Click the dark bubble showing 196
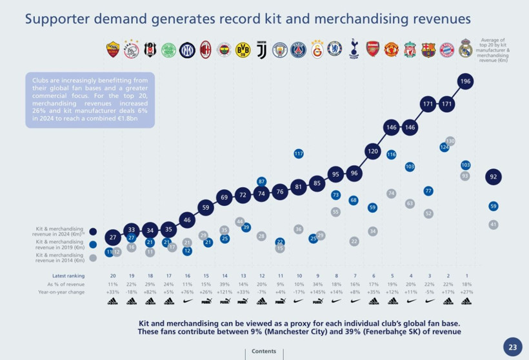[466, 81]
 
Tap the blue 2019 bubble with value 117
[299, 154]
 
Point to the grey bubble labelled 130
[450, 141]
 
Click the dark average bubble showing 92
[494, 177]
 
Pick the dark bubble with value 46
[187, 220]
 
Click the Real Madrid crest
[466, 48]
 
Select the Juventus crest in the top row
[261, 49]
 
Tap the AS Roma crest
[113, 49]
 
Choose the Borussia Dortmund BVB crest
[243, 49]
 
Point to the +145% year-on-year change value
[317, 292]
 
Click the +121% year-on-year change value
[224, 292]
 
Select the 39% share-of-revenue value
[224, 284]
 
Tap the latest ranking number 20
[113, 275]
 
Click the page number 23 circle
[512, 347]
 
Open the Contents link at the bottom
[264, 352]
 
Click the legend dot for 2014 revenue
[94, 257]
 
